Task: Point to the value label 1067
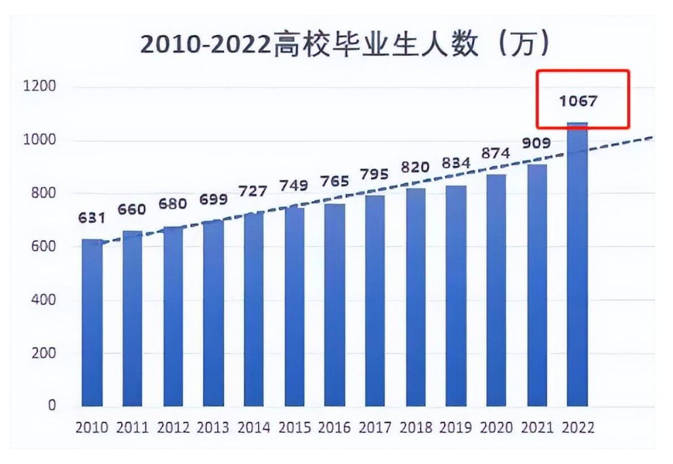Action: point(578,102)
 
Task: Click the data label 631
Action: point(91,218)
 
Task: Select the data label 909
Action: point(536,143)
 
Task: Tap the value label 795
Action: point(374,175)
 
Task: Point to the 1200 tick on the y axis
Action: point(42,87)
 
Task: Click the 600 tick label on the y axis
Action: point(45,247)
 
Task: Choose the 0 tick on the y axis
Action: point(53,406)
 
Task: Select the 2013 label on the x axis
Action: point(213,428)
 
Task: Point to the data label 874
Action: point(496,154)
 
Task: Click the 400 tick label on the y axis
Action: point(45,300)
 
